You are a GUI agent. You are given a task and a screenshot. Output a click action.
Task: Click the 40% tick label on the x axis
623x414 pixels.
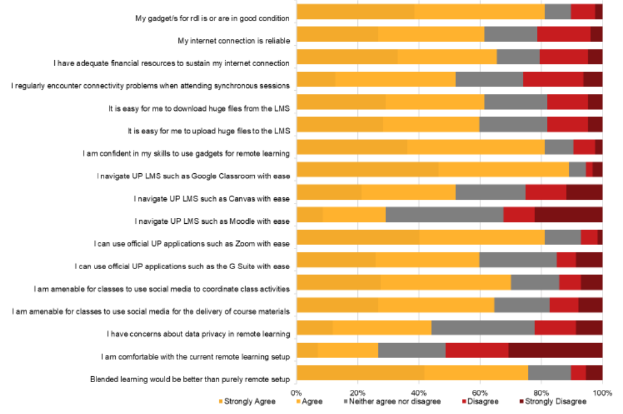418,393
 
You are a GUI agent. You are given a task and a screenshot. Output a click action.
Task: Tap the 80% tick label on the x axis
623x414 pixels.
540,393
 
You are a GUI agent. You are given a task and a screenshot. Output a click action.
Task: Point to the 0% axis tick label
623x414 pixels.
296,393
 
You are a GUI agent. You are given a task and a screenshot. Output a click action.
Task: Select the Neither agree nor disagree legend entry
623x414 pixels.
392,401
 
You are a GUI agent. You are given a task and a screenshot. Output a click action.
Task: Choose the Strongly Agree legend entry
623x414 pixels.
247,401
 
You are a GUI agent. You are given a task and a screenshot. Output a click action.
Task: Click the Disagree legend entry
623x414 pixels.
480,401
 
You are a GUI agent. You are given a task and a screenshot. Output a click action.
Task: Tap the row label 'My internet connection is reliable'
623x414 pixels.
234,41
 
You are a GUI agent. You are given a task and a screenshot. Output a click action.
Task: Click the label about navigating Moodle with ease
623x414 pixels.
211,221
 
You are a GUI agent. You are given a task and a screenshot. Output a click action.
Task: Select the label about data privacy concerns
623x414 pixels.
198,334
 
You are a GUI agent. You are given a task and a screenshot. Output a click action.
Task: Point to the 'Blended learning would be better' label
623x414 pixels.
190,379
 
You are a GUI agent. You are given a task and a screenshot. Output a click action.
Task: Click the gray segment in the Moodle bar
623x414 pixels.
444,215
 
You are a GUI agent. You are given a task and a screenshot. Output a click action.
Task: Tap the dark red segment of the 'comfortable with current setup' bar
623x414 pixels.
556,350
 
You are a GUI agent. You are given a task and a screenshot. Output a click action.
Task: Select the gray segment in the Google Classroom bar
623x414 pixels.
577,170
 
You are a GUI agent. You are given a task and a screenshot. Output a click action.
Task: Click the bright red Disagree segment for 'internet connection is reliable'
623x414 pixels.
564,34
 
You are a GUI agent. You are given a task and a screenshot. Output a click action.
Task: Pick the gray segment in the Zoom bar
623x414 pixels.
563,237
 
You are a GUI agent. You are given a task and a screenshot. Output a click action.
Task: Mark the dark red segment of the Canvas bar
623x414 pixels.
584,192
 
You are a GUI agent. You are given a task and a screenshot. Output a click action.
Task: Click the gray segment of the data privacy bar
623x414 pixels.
483,327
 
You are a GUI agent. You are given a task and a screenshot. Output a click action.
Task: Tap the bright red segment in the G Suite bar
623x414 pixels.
566,260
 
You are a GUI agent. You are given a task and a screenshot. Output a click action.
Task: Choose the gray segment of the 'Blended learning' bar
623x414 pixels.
549,372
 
